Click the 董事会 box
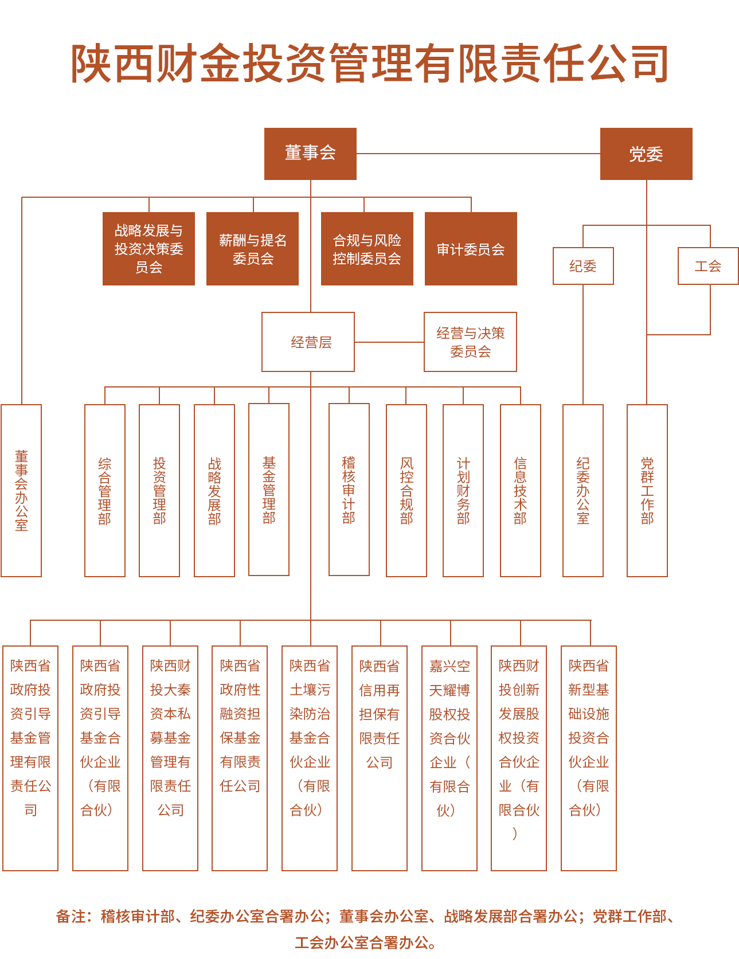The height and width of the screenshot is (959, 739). click(x=310, y=154)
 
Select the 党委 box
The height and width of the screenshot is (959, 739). click(x=646, y=154)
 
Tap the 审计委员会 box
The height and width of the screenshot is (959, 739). click(x=471, y=249)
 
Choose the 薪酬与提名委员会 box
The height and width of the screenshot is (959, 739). click(x=252, y=249)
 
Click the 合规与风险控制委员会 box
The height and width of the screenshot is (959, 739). click(x=367, y=249)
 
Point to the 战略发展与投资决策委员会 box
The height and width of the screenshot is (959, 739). click(x=148, y=249)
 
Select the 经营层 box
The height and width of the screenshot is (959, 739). click(x=308, y=342)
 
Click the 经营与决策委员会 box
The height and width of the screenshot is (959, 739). click(x=470, y=342)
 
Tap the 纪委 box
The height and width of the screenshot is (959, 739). click(x=583, y=266)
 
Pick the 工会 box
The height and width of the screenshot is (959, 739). click(x=708, y=266)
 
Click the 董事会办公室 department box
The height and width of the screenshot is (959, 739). click(x=21, y=491)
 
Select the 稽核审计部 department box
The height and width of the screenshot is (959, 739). click(x=349, y=490)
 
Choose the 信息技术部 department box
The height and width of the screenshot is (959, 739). click(x=520, y=491)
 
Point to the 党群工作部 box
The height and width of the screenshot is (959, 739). click(x=647, y=491)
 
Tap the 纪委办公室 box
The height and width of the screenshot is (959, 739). click(x=583, y=491)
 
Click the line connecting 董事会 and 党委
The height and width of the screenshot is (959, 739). click(x=478, y=154)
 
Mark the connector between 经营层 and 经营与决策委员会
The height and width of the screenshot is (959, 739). click(x=389, y=342)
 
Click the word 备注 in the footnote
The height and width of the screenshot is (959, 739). click(x=71, y=916)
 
